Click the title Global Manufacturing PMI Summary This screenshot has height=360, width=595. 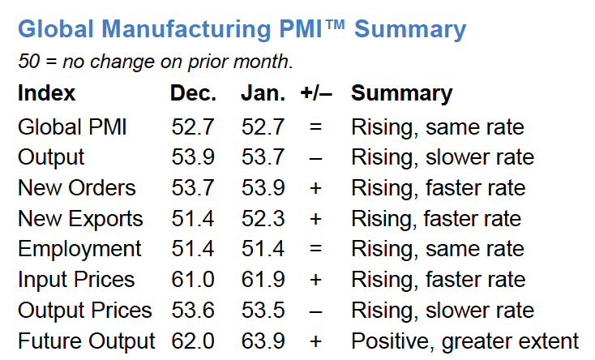242,30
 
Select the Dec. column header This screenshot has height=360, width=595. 193,93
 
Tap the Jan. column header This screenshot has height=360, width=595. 263,93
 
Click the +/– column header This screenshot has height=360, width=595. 316,93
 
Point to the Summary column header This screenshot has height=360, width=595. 401,93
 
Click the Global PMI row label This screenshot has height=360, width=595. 72,126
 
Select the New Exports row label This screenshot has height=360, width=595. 80,219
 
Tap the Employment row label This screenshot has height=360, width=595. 79,250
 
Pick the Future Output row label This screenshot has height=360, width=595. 86,341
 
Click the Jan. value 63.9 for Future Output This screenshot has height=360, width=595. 263,341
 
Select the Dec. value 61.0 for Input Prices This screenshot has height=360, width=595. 193,281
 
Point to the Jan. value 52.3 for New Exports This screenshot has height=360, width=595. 263,219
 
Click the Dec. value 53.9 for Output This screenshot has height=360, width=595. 193,157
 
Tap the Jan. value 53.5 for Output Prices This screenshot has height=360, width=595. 263,311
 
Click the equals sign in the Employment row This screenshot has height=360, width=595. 315,250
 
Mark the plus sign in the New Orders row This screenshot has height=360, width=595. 315,188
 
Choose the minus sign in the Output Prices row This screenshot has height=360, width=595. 315,311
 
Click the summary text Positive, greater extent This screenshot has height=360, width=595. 464,341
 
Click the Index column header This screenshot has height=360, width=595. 46,93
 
